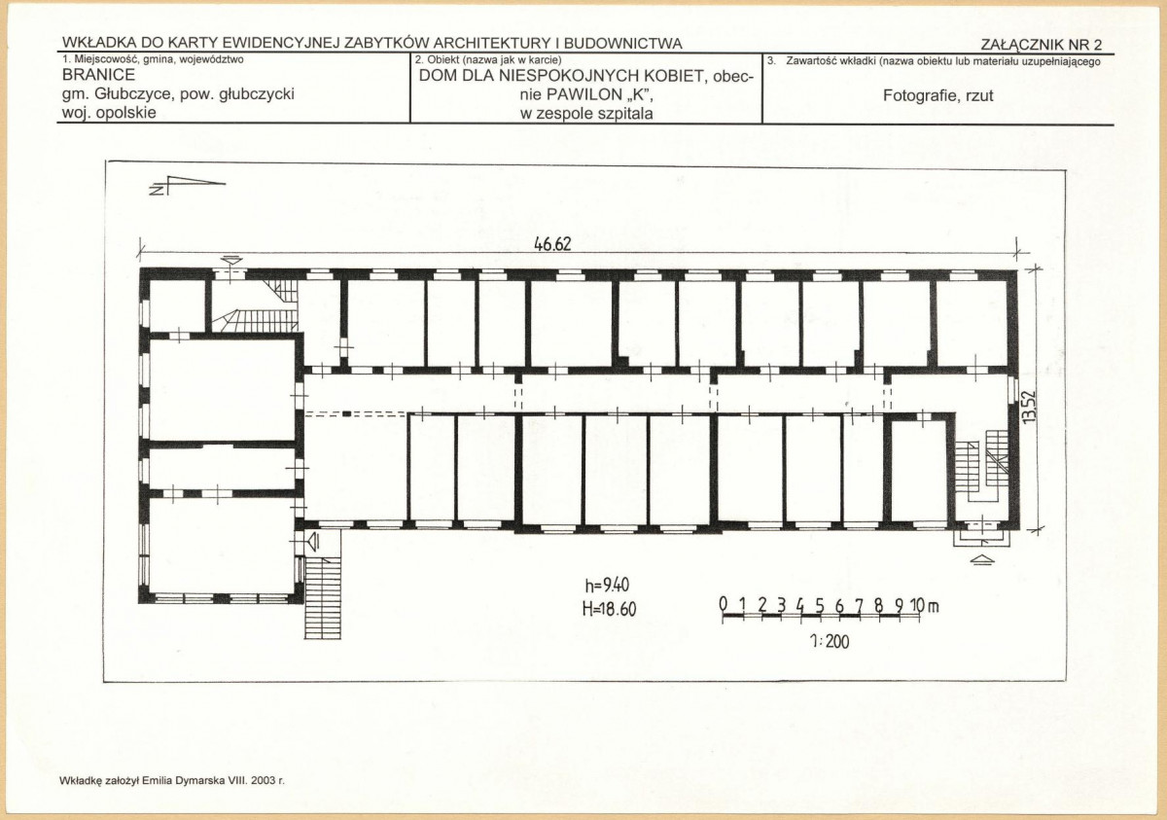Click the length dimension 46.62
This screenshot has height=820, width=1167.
pyautogui.click(x=552, y=244)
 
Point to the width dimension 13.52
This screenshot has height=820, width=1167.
pyautogui.click(x=1029, y=407)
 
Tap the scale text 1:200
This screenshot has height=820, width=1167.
pyautogui.click(x=830, y=642)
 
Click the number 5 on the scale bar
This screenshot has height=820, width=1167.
pyautogui.click(x=820, y=605)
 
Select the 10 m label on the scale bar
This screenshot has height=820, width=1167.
pyautogui.click(x=925, y=605)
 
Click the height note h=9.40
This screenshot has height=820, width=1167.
pyautogui.click(x=607, y=586)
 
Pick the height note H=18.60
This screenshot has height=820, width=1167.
pyautogui.click(x=610, y=609)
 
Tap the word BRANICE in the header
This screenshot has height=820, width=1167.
pyautogui.click(x=98, y=75)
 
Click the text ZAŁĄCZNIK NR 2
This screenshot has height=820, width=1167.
pyautogui.click(x=1042, y=45)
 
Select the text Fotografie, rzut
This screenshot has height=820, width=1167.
pyautogui.click(x=937, y=96)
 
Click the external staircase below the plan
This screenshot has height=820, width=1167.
pyautogui.click(x=323, y=597)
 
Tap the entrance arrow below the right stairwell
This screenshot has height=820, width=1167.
pyautogui.click(x=982, y=559)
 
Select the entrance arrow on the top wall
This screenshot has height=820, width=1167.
pyautogui.click(x=231, y=260)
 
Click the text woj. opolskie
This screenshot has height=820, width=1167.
pyautogui.click(x=109, y=113)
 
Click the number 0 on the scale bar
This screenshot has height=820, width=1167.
pyautogui.click(x=724, y=604)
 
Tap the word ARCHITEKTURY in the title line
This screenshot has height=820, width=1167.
pyautogui.click(x=492, y=44)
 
